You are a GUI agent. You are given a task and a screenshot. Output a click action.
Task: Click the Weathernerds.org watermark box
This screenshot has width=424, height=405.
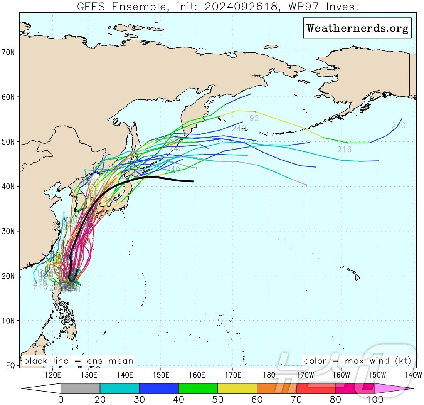click(x=357, y=28)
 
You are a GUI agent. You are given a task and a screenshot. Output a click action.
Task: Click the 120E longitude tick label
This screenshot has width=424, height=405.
click(x=53, y=375)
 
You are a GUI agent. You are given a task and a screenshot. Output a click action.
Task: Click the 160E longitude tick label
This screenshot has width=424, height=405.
click(x=197, y=375)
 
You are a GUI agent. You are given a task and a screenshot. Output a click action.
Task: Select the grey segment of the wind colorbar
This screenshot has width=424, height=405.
click(x=80, y=388)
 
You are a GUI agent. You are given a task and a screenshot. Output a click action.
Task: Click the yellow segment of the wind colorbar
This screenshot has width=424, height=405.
click(x=237, y=388)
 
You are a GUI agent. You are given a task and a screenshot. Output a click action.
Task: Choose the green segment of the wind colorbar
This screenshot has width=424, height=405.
click(x=198, y=388)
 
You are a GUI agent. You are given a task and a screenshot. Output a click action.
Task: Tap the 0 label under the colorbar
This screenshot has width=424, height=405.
click(x=61, y=399)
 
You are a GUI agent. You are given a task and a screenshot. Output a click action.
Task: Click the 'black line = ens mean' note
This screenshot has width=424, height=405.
click(x=79, y=361)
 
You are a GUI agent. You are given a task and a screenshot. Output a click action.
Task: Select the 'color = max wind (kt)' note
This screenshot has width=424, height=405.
click(x=357, y=361)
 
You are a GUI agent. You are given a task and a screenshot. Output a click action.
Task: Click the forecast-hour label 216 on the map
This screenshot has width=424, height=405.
click(x=344, y=150)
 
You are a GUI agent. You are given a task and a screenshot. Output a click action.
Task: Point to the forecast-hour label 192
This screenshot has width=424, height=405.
click(x=252, y=118)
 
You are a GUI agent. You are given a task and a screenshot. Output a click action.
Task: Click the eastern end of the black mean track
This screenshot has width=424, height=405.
click(x=193, y=181)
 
